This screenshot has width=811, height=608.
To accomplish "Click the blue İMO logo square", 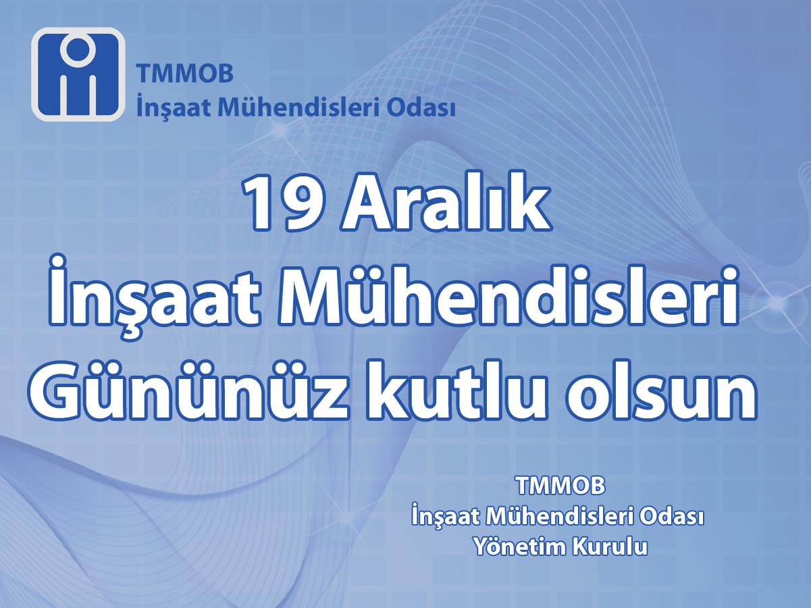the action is click(x=78, y=74).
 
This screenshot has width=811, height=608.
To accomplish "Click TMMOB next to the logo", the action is click(x=185, y=73).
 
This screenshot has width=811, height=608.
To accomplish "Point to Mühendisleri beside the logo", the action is click(x=298, y=107).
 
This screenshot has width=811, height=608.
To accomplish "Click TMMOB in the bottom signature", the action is click(x=561, y=485).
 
